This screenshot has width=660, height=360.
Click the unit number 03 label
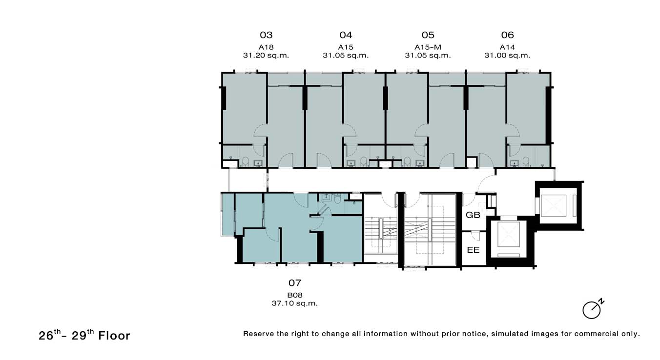coord(266,35)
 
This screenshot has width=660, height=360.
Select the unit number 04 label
coord(346,35)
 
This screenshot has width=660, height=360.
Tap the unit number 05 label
coord(428,35)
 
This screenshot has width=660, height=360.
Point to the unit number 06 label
coord(507,35)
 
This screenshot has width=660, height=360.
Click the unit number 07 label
coord(295,283)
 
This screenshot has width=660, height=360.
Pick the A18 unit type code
coord(266,47)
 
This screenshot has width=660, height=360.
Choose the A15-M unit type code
coord(428,47)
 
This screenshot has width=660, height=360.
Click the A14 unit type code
coord(507,47)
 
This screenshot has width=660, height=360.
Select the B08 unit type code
coord(295,295)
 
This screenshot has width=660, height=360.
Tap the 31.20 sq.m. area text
coord(266,55)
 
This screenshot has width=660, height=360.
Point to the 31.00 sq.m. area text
coord(507,55)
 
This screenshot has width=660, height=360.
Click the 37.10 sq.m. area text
coord(295,303)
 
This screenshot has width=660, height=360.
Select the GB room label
coord(473,215)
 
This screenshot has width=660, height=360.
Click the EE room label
coord(473,250)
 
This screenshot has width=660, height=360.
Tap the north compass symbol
coord(593,309)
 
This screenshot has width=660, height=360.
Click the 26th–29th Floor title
coord(84,335)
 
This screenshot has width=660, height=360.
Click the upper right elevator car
coord(554,206)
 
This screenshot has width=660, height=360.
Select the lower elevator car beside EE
coord(509,234)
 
